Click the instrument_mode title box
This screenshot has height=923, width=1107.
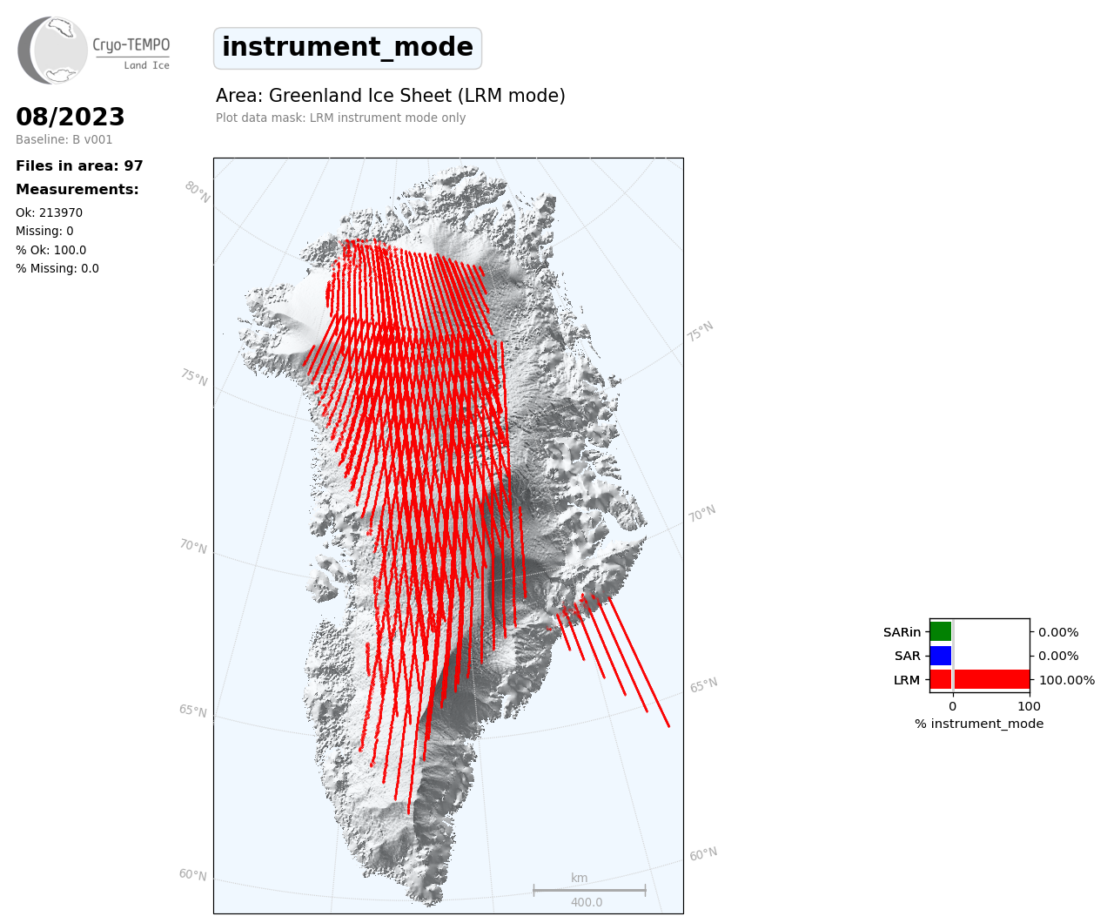coord(347,48)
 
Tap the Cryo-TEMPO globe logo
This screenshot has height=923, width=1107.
coord(52,50)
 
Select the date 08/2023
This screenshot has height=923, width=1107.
coord(70,117)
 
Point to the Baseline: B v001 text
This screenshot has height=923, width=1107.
coord(64,139)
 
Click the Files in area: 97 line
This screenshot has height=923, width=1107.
coord(79,166)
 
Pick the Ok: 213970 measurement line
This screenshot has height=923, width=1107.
coord(50,212)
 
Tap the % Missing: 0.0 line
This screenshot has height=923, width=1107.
coord(57,268)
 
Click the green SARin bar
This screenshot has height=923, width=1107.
coord(941,631)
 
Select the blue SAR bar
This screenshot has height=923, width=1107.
coord(941,656)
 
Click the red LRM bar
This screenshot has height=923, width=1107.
coord(980,679)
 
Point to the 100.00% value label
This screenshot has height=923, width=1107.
coord(1067,680)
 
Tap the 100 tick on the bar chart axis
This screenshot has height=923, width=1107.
coord(1029,706)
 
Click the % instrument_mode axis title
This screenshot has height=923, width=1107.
coord(979,724)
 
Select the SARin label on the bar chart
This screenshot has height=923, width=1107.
coord(902,632)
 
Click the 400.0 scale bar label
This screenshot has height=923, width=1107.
coord(587,902)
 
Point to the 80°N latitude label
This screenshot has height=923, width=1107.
coord(198,192)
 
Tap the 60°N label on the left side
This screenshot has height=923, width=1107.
coord(192,875)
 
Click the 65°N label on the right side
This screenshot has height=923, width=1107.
coord(703,685)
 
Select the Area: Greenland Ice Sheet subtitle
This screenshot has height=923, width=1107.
coord(391,96)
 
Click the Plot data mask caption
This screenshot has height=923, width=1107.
coord(340,118)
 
